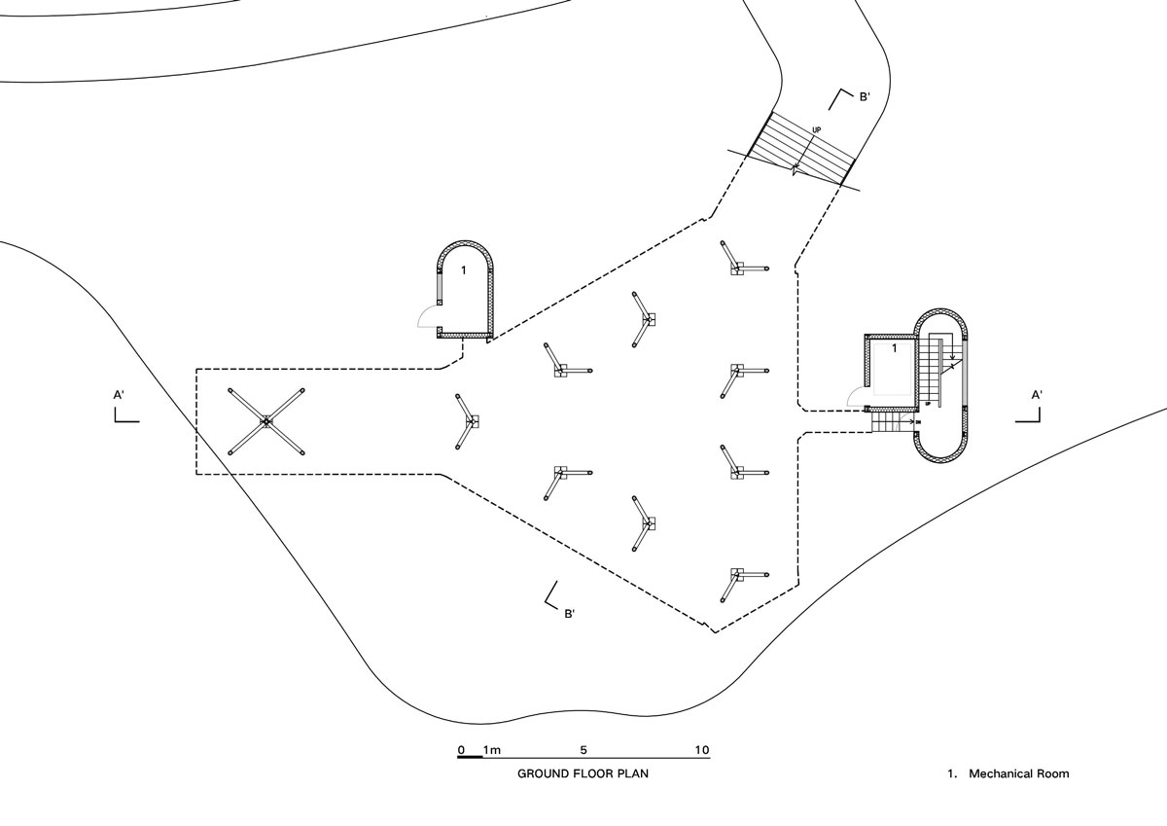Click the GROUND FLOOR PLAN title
[583, 774]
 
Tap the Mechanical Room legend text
[1018, 774]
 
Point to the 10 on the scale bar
[702, 750]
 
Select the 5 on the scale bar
[583, 750]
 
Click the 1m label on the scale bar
[491, 750]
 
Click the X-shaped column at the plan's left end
[266, 421]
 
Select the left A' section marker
[123, 408]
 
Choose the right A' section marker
[1033, 408]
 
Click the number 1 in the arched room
[464, 269]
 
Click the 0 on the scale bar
[461, 750]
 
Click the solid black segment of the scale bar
[472, 757]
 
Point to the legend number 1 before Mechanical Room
[952, 774]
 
